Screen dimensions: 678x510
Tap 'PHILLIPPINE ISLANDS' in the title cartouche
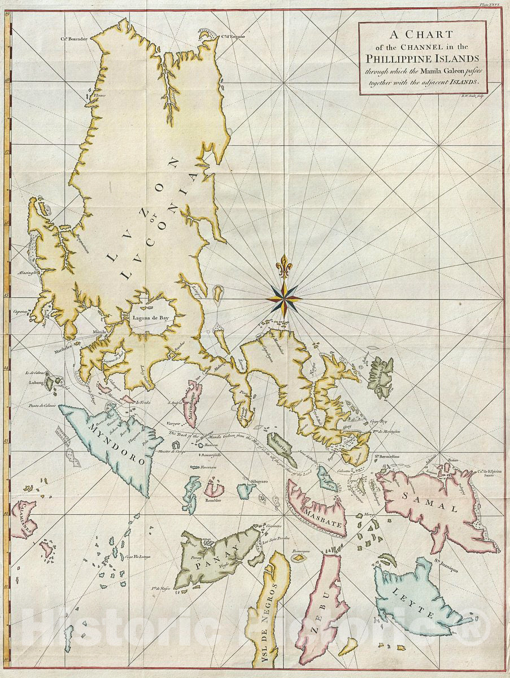click(x=422, y=58)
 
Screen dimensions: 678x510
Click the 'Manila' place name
click(x=99, y=332)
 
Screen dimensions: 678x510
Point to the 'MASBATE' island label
click(x=324, y=513)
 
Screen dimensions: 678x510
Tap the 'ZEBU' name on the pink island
click(x=323, y=613)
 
